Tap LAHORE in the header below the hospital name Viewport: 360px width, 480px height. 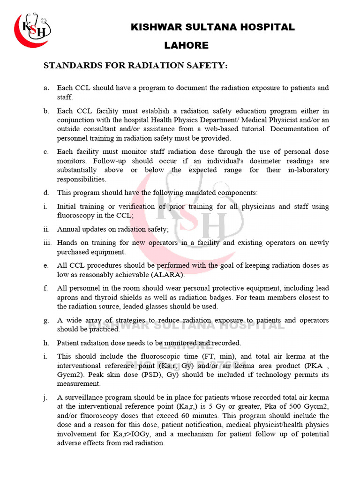click(x=187, y=45)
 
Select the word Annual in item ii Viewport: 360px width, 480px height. click(x=68, y=229)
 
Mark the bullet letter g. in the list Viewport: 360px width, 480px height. click(x=46, y=320)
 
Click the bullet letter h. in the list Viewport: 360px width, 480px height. click(x=46, y=343)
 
